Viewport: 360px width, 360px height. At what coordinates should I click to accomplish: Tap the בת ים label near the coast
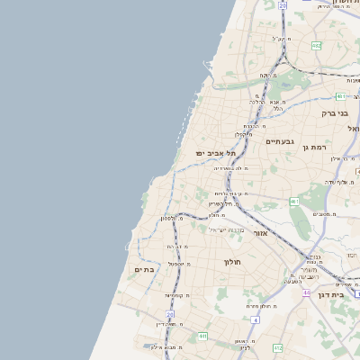pyautogui.click(x=145, y=269)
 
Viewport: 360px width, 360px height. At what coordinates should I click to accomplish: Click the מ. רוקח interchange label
pyautogui.click(x=267, y=76)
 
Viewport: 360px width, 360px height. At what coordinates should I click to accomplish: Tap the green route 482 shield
pyautogui.click(x=316, y=44)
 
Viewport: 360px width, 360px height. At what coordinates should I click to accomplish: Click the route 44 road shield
pyautogui.click(x=307, y=292)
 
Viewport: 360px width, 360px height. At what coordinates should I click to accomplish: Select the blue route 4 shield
pyautogui.click(x=255, y=319)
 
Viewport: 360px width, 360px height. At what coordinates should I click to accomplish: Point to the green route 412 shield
pyautogui.click(x=277, y=347)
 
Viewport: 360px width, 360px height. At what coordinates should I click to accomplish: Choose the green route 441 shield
pyautogui.click(x=203, y=336)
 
